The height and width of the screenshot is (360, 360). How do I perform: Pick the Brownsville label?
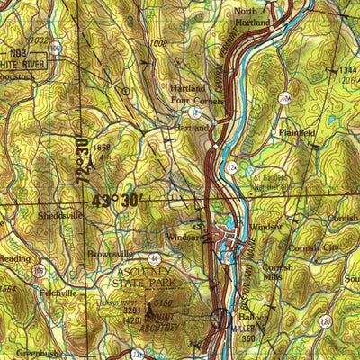(x=110, y=255)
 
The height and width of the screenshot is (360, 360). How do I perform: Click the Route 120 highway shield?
(x=323, y=319)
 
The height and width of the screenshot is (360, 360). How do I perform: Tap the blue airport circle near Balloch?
(x=221, y=317)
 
